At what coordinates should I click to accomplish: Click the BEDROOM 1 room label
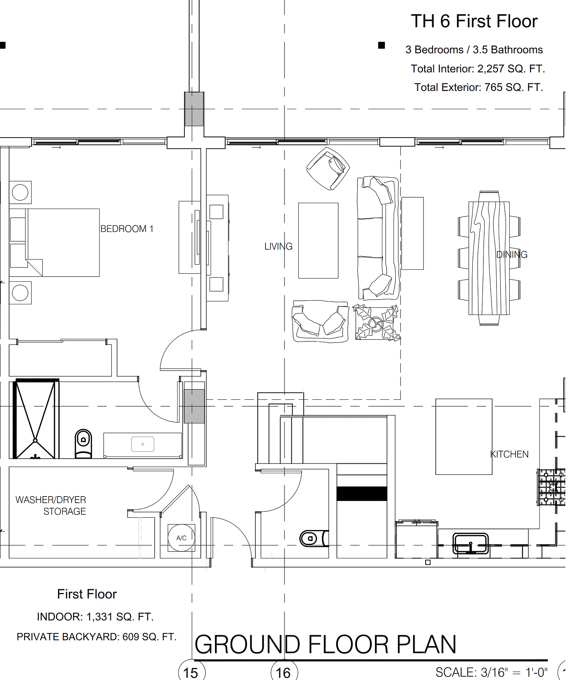[x=127, y=229]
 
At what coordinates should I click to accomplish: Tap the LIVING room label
[x=278, y=246]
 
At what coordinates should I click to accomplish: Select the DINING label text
[x=512, y=254]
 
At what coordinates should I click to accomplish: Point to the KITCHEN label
[x=509, y=454]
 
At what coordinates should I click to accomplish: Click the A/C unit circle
[x=182, y=538]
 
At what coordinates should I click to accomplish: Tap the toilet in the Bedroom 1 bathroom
[x=83, y=443]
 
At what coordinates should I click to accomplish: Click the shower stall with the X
[x=36, y=419]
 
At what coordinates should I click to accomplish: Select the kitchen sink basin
[x=471, y=543]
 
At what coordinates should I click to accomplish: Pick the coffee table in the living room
[x=318, y=241]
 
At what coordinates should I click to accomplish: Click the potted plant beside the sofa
[x=376, y=323]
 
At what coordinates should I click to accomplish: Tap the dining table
[x=489, y=258]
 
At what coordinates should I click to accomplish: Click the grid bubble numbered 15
[x=192, y=672]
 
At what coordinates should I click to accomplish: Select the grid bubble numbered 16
[x=284, y=672]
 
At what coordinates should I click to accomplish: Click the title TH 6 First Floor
[x=474, y=21]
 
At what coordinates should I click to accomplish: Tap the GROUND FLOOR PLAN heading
[x=326, y=644]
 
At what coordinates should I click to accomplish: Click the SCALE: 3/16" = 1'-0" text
[x=491, y=672]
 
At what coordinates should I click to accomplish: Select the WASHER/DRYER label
[x=51, y=500]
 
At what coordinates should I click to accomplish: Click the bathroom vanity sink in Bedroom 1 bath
[x=143, y=444]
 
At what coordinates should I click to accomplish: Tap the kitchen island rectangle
[x=464, y=436]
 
